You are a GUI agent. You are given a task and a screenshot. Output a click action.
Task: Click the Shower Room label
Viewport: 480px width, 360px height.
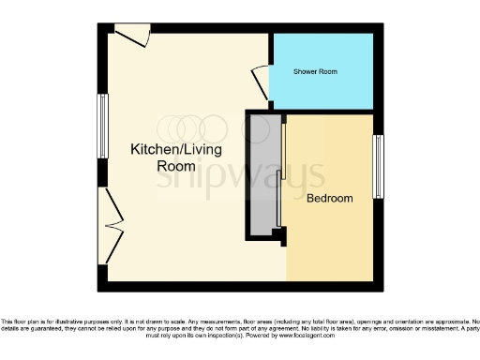(315, 72)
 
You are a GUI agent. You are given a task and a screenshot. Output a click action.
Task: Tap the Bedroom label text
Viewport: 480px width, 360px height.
(329, 198)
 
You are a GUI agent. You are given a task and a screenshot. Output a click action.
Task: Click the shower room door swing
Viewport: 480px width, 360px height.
(260, 82)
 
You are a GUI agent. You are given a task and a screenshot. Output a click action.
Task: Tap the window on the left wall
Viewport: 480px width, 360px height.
(102, 124)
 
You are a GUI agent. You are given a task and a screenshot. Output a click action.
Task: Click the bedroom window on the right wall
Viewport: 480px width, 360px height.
(379, 167)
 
